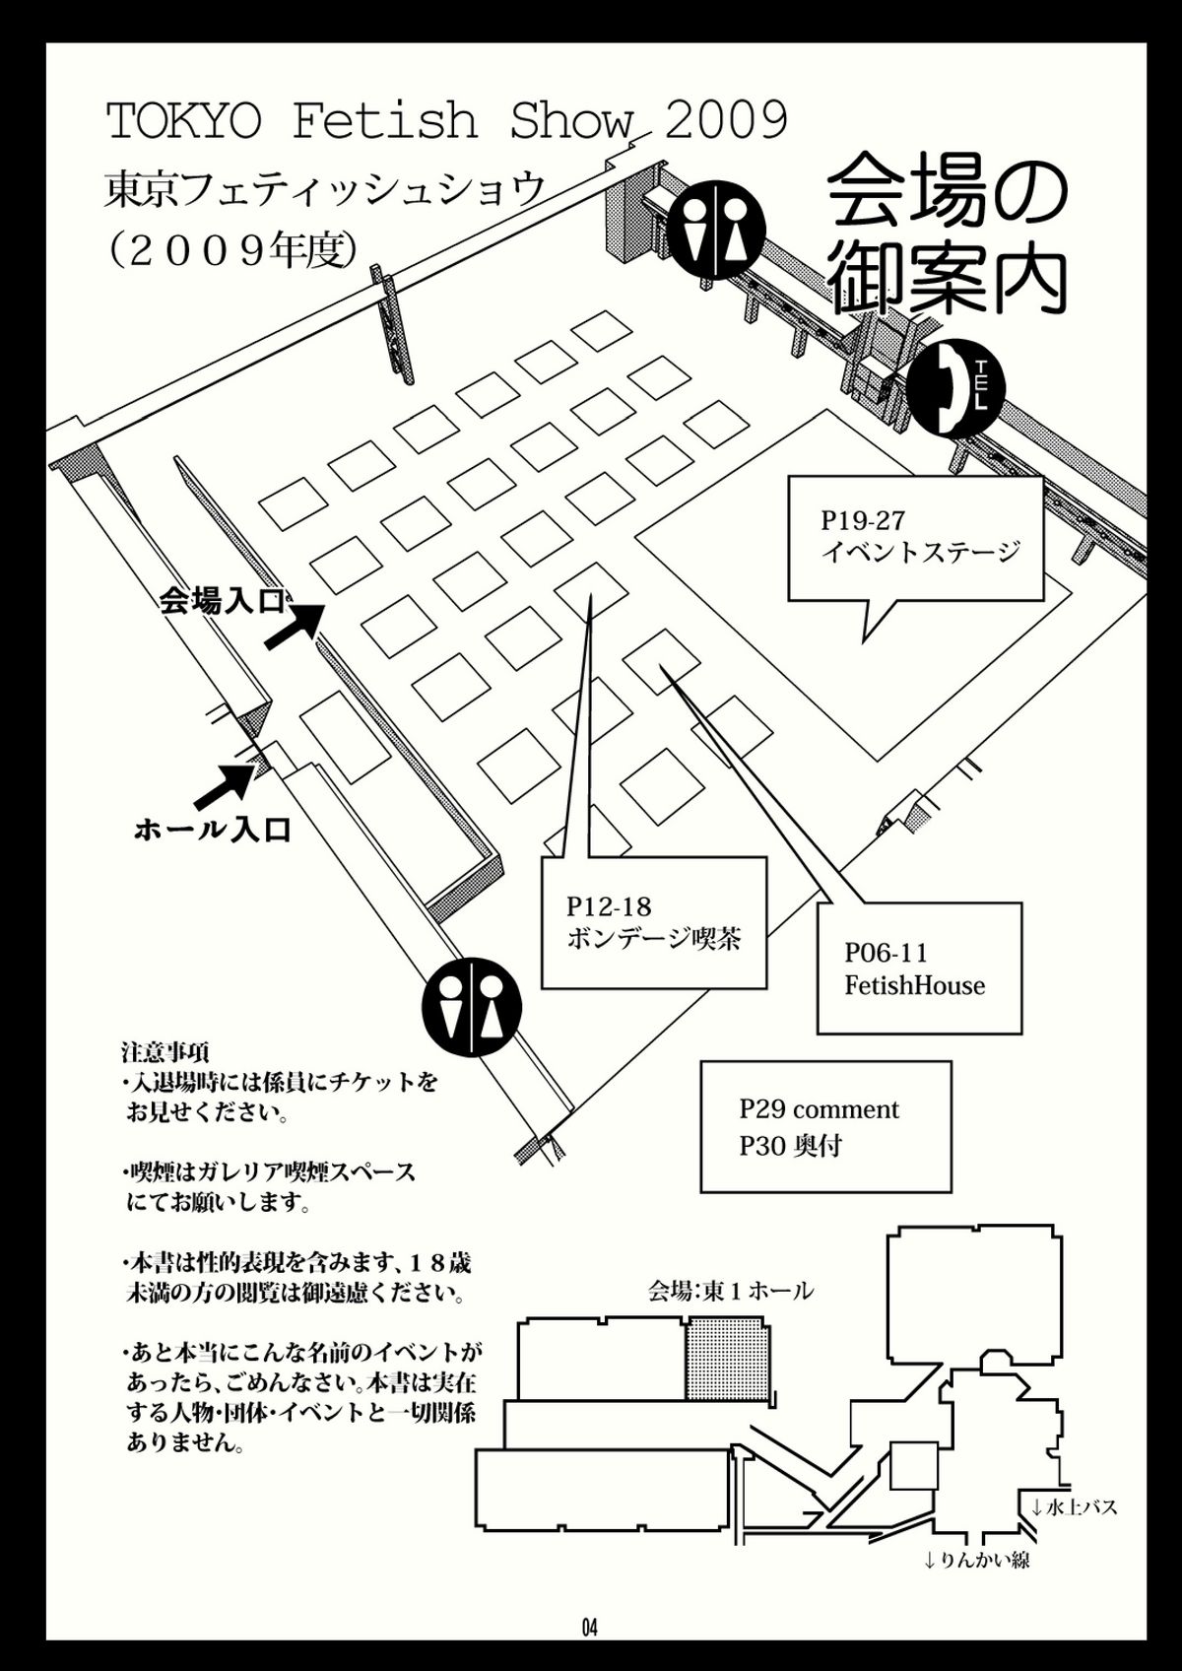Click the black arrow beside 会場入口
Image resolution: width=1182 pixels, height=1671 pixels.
(x=295, y=628)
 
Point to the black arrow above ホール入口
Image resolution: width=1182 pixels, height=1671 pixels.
(x=226, y=781)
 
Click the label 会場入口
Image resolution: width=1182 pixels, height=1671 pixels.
(x=223, y=601)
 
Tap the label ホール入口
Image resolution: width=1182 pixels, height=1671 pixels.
(x=213, y=831)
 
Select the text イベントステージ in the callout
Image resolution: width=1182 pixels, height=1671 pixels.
(x=921, y=552)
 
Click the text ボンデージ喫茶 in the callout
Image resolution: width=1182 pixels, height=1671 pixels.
(x=654, y=938)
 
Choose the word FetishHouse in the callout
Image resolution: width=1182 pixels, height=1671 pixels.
(x=914, y=985)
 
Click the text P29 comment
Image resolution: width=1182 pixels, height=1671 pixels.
(x=819, y=1109)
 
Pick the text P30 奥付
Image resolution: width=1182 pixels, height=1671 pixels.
(x=791, y=1146)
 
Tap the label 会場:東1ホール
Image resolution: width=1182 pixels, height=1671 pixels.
(x=731, y=1290)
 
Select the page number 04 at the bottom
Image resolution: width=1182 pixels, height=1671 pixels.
(x=590, y=1628)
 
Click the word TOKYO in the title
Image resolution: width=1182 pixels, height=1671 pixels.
(x=183, y=122)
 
